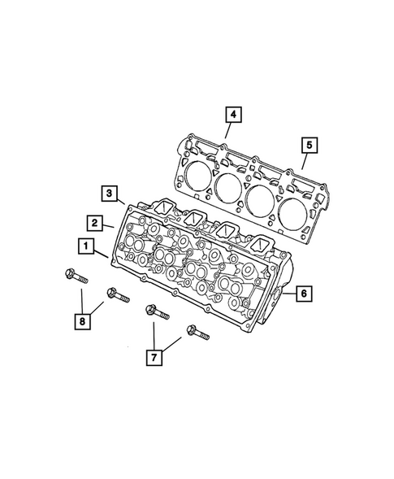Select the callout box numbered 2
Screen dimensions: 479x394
95,222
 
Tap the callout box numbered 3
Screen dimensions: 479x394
108,193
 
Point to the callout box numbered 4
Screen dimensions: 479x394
232,116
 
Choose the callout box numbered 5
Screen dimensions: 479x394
310,146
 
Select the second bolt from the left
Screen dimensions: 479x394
115,294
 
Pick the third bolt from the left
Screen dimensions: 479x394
155,312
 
